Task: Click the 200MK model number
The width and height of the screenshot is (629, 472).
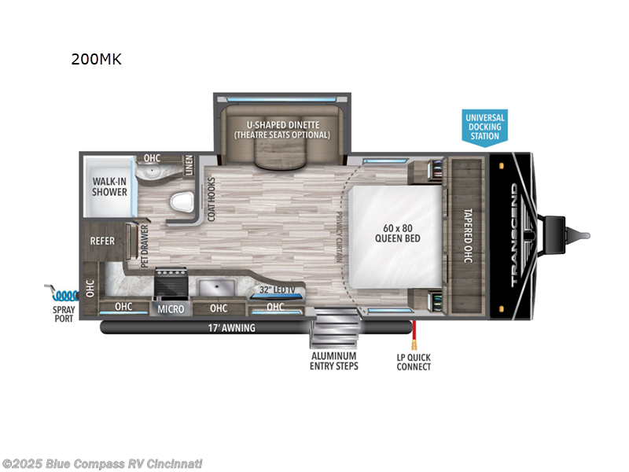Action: click(x=96, y=59)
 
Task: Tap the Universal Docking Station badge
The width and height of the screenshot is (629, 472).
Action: click(x=485, y=127)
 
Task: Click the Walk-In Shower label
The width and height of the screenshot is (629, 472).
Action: click(x=110, y=186)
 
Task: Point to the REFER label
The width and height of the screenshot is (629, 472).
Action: click(x=105, y=242)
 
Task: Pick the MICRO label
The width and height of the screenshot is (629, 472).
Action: click(x=171, y=309)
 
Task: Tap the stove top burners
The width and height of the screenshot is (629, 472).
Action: click(x=170, y=281)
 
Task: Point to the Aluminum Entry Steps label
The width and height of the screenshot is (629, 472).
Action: click(x=335, y=361)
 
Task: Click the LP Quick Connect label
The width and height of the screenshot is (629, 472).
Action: click(x=414, y=362)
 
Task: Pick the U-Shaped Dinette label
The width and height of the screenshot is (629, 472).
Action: click(x=281, y=130)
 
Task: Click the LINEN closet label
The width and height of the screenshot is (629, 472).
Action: click(x=189, y=165)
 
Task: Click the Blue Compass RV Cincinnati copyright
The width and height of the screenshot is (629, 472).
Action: click(x=102, y=463)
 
